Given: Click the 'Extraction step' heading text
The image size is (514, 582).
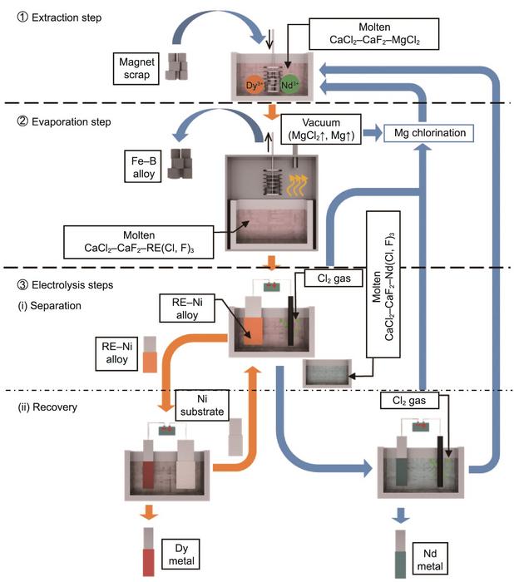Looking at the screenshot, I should tap(55, 15).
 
